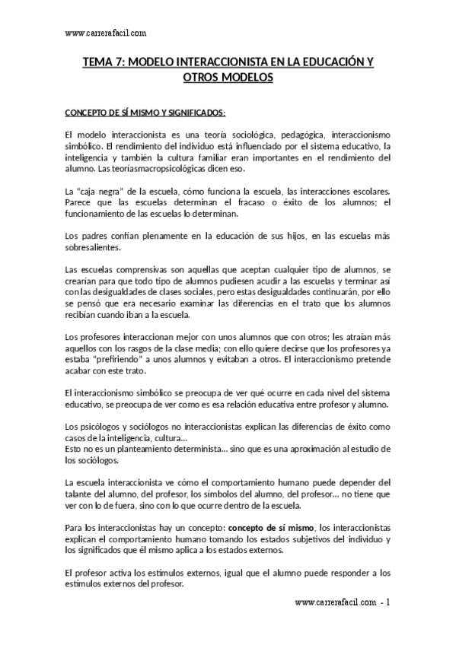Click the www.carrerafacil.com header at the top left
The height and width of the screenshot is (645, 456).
[106, 33]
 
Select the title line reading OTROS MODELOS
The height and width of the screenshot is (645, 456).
[228, 78]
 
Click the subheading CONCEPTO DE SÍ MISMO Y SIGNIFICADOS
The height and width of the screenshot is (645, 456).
[145, 114]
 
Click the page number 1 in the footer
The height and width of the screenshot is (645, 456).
[388, 602]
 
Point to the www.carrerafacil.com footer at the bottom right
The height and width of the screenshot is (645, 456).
[335, 602]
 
